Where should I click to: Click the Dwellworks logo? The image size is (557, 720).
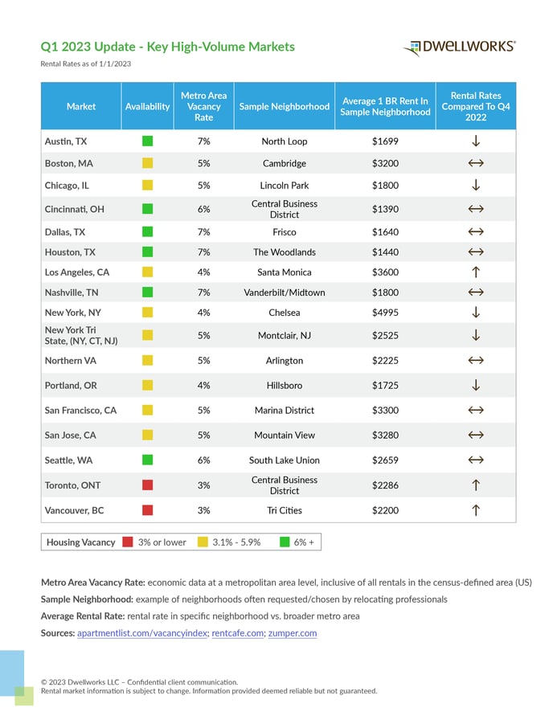click(459, 47)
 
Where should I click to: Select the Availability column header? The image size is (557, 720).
click(147, 107)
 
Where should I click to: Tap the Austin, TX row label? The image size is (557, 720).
click(66, 141)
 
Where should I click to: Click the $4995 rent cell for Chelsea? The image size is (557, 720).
click(385, 313)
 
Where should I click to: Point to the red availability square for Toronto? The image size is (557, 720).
click(147, 485)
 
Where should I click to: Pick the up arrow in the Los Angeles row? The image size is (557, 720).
click(476, 272)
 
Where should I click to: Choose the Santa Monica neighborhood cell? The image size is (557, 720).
click(285, 272)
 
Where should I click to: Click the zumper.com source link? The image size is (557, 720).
click(293, 633)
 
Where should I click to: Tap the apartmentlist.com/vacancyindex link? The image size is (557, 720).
click(142, 633)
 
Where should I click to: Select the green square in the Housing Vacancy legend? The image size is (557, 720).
click(285, 542)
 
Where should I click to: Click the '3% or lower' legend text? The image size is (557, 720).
click(162, 542)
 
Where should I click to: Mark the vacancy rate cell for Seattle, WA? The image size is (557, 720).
click(204, 460)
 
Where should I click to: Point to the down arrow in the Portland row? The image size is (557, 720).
click(476, 385)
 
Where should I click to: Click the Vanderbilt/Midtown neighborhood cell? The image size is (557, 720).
click(285, 292)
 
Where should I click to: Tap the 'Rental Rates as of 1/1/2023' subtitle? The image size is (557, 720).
click(86, 63)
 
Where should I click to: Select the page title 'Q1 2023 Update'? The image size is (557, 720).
click(88, 47)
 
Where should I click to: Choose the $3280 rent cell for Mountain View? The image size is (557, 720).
click(385, 436)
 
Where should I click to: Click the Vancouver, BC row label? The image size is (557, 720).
click(75, 510)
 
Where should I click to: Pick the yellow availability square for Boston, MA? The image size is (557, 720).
click(147, 163)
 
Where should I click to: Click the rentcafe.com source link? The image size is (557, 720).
click(238, 633)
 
